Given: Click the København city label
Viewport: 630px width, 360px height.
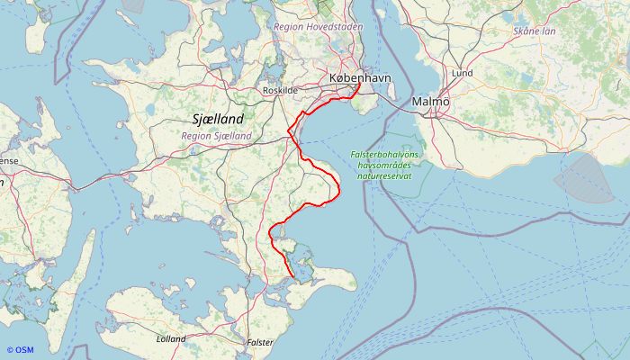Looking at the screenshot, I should click(x=361, y=79).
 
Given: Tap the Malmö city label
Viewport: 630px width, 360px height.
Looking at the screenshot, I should click(x=430, y=102).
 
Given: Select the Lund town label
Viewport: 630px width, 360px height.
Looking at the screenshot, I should click(x=463, y=73).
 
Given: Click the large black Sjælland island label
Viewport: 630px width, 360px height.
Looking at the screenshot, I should click(x=219, y=119).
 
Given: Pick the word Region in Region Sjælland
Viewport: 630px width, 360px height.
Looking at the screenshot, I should click(x=199, y=136).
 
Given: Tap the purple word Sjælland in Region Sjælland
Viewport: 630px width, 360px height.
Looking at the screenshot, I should click(x=235, y=136).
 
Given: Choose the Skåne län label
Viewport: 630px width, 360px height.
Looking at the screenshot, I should click(x=535, y=31).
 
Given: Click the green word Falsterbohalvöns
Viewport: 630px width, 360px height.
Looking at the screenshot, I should click(x=385, y=155).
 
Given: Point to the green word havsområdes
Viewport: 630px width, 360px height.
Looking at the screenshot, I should click(x=385, y=166).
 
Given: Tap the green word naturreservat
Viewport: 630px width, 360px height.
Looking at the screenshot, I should click(x=385, y=176).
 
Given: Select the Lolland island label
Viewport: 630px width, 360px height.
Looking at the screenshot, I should click(x=171, y=339).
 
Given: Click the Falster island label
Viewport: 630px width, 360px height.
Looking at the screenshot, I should click(x=260, y=343).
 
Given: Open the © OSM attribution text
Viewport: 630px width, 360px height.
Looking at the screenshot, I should click(x=20, y=350).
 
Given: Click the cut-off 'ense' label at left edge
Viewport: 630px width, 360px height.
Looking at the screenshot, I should click(x=7, y=160).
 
